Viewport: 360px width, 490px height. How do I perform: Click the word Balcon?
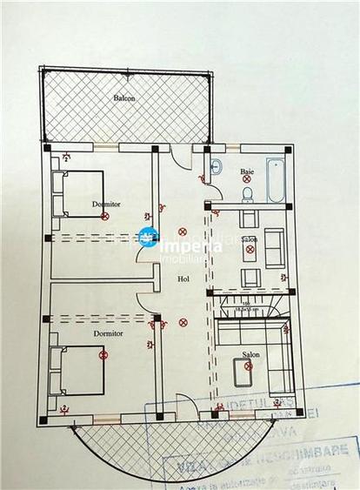124,97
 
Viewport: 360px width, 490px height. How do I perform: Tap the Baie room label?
247,171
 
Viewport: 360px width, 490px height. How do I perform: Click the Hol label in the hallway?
183,279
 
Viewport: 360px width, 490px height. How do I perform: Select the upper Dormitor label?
106,204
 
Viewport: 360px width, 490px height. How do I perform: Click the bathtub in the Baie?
276,181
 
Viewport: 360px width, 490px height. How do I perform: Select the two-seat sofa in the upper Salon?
273,247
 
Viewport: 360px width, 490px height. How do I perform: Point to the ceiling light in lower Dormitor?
103,354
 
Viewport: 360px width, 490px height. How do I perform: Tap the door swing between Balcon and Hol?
179,164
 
